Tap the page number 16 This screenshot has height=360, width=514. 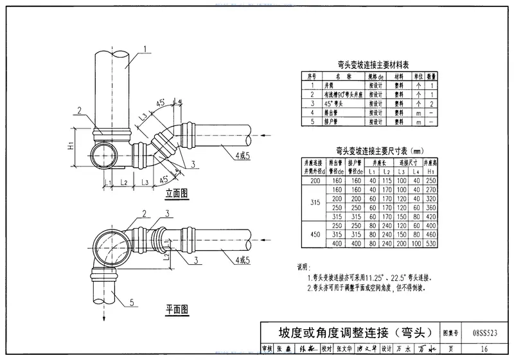(x=484, y=348)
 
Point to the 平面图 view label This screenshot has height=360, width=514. (x=176, y=309)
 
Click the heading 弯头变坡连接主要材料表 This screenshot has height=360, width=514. (x=369, y=64)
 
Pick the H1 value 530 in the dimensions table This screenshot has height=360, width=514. (x=432, y=243)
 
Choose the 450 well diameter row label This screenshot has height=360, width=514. (x=315, y=235)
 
